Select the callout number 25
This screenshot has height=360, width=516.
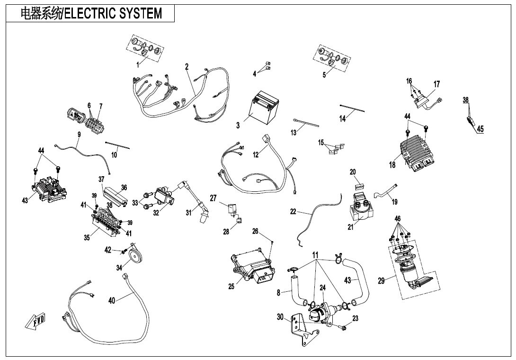pos(231,286)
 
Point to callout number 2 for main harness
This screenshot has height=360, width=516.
pos(187,67)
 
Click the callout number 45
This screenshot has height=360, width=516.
pos(480,128)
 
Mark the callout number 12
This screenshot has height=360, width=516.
pos(256,154)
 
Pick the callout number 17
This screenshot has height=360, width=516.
pos(436,84)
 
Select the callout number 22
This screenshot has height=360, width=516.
pos(293,212)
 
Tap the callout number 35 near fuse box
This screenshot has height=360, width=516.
pos(87,238)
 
